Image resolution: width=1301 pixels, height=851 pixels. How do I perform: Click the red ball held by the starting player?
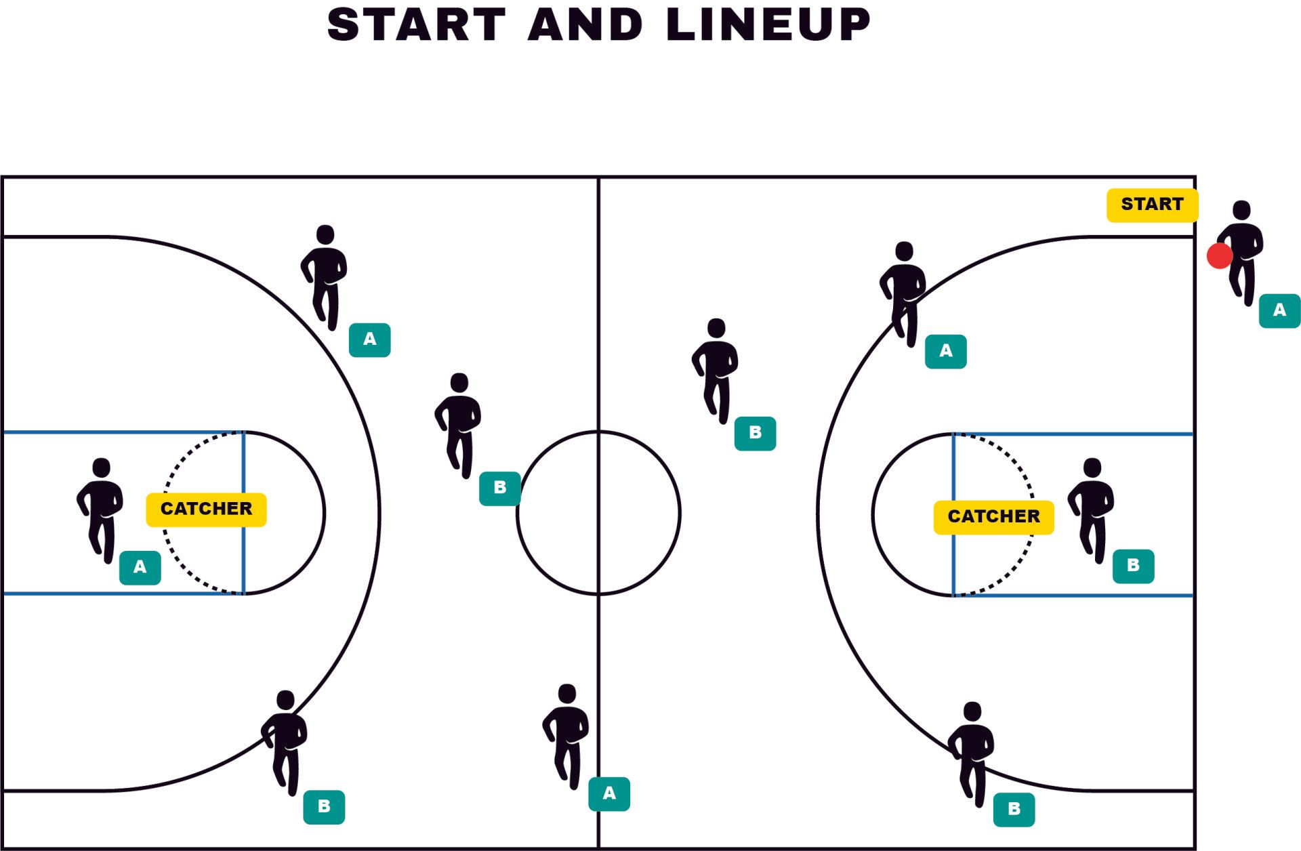tap(1219, 256)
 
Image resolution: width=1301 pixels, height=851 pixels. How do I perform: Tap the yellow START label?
tap(1151, 205)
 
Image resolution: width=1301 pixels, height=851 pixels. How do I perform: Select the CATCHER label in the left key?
tap(206, 509)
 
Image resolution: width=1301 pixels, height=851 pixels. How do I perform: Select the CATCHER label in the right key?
tap(993, 517)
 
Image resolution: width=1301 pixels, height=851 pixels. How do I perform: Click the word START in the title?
tap(416, 25)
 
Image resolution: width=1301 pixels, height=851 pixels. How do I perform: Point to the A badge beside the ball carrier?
tap(1279, 311)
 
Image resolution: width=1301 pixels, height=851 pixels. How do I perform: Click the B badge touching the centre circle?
tap(500, 488)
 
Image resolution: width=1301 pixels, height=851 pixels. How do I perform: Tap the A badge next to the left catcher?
tap(140, 568)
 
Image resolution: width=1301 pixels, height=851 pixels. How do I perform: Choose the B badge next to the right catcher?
tap(1133, 566)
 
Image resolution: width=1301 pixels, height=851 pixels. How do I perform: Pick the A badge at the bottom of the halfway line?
tap(609, 794)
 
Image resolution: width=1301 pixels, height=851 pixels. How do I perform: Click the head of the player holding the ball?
tap(1241, 210)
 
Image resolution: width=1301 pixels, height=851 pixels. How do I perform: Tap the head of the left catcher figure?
tap(102, 468)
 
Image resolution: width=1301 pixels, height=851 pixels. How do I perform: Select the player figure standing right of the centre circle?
tap(715, 369)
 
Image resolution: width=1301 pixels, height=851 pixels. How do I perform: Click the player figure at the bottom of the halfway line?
tap(566, 735)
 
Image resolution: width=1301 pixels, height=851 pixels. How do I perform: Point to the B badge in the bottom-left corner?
tap(324, 807)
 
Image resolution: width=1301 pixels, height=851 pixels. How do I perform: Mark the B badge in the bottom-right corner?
tap(1014, 810)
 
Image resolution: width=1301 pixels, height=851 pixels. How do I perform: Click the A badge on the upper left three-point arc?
tap(369, 339)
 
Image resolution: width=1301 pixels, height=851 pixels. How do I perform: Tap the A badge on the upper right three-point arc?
tap(945, 352)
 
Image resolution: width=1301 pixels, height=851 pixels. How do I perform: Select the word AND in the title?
tap(585, 25)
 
